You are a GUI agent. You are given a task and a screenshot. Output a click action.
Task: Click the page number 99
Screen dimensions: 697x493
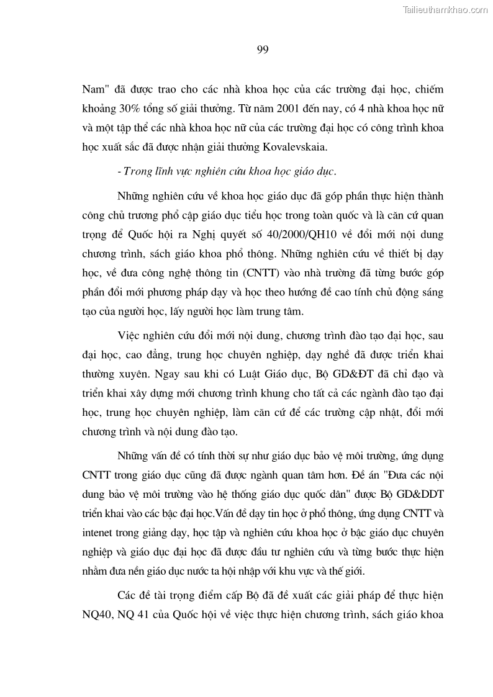point(262,50)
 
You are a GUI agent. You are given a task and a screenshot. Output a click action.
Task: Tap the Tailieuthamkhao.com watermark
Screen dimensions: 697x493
point(446,9)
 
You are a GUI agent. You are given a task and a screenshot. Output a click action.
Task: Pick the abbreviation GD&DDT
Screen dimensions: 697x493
point(420,497)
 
